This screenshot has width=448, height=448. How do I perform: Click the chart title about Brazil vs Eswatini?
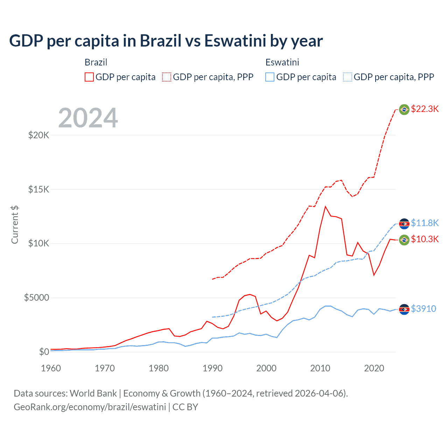tap(166, 41)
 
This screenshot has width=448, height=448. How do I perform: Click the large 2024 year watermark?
tap(88, 118)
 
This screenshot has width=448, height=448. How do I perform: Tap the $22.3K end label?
tap(425, 109)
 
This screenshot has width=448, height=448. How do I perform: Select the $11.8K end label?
tap(425, 223)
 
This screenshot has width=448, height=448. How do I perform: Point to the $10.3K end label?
tap(425, 239)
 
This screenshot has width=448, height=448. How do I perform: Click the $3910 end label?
tap(423, 309)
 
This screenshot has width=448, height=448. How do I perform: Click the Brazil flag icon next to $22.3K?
tap(404, 109)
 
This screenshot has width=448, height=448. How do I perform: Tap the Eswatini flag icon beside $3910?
tap(404, 309)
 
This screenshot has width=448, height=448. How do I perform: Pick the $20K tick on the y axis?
tap(38, 135)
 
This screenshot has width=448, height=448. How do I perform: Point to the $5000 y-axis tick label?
tap(36, 298)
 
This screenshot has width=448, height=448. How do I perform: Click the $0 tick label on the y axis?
tap(44, 352)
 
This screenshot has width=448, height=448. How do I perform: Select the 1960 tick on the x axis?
tap(51, 368)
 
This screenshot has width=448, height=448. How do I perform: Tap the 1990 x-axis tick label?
tap(212, 368)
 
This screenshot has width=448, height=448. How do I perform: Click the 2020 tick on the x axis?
tap(374, 368)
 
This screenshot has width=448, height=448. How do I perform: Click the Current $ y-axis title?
tap(15, 224)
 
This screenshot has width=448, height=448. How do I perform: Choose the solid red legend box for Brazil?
tap(89, 77)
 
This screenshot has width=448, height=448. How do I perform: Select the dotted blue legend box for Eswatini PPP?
tap(348, 77)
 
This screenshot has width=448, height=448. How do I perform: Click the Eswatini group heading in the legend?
tap(282, 62)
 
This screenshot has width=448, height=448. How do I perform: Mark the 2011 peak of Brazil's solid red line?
tap(325, 206)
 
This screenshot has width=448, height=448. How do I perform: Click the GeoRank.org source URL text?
tap(90, 407)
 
